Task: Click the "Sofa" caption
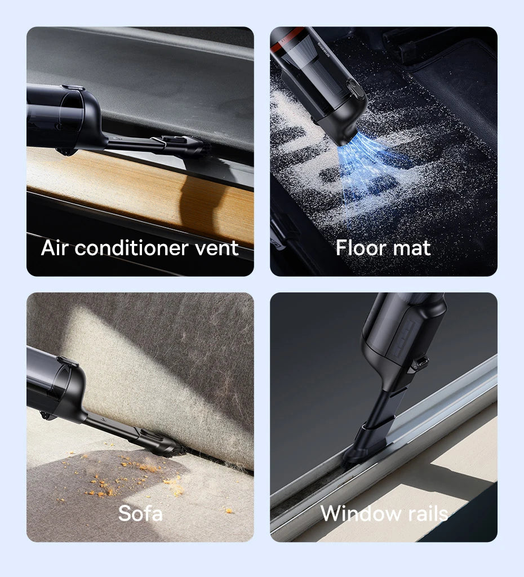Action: coord(140,513)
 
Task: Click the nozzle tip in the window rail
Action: coord(361,451)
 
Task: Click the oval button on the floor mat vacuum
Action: coord(353,90)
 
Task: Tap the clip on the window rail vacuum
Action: coord(418,363)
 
